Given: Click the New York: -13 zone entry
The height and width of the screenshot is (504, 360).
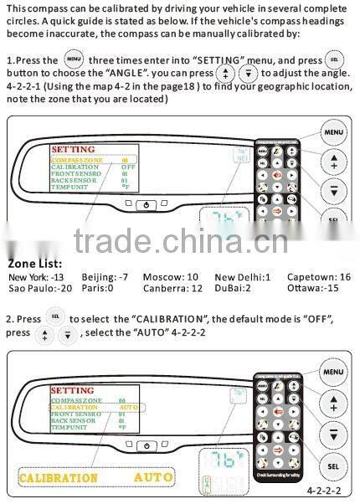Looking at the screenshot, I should tap(35, 276).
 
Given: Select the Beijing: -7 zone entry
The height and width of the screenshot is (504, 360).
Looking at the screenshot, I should tap(109, 276).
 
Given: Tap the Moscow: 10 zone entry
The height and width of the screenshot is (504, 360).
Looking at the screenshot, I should tap(170, 276).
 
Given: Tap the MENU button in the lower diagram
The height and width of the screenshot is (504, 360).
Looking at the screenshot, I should tap(333, 371).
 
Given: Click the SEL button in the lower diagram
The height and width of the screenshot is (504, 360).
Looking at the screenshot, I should tap(333, 465).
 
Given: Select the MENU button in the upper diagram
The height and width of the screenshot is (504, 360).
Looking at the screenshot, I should tap(333, 131).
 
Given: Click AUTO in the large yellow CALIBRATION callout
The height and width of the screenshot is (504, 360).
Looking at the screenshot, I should tap(154, 477).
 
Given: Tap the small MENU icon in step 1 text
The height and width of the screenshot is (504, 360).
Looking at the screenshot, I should tap(74, 60).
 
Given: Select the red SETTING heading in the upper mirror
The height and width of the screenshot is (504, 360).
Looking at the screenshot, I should tap(72, 149).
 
